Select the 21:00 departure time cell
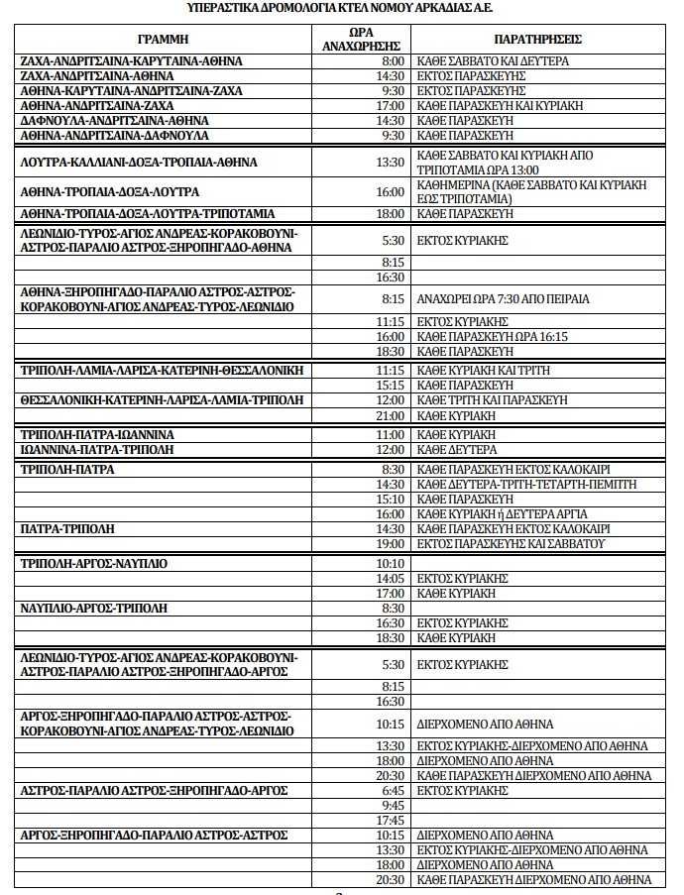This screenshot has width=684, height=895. pos(391,416)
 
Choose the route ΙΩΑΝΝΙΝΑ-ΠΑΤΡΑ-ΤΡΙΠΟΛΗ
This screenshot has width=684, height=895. pos(97,449)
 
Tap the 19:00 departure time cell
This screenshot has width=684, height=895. pos(391,544)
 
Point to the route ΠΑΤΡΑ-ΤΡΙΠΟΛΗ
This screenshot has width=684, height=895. pos(67,529)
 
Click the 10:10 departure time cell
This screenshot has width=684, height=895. pos(391,564)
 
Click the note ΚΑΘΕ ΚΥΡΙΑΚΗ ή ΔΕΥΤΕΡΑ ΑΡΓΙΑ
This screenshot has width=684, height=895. pos(503,514)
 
